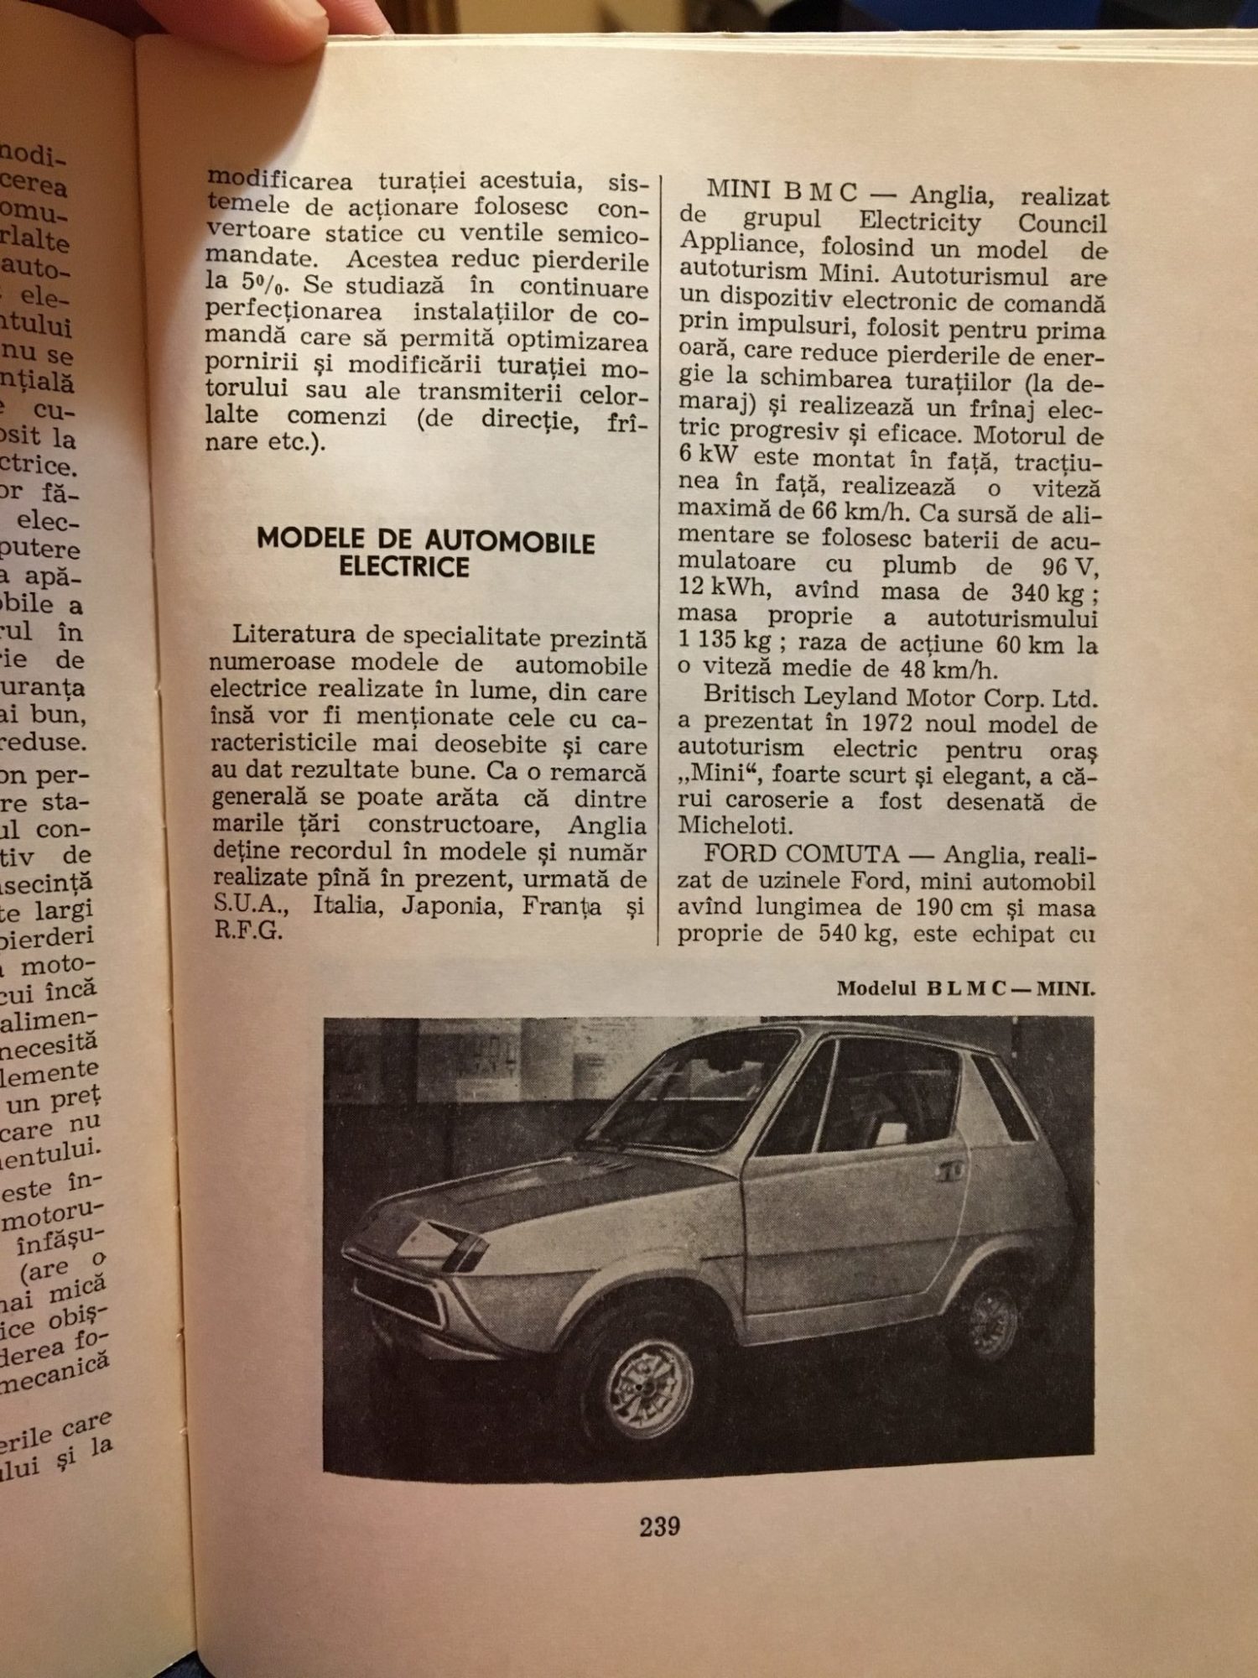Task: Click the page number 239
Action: tap(659, 1526)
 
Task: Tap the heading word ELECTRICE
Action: tap(403, 567)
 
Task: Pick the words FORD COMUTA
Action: tap(801, 854)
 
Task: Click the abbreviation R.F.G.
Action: tap(248, 931)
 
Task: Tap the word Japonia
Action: tap(449, 906)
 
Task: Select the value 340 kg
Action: tap(1047, 592)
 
